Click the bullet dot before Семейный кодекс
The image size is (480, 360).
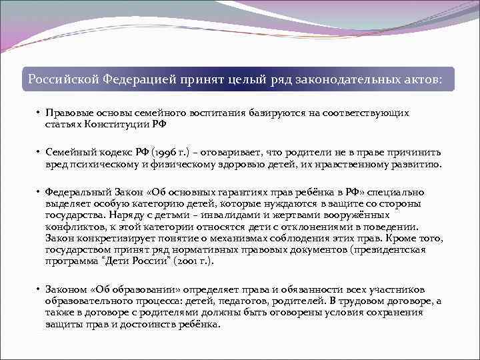click(39, 153)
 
